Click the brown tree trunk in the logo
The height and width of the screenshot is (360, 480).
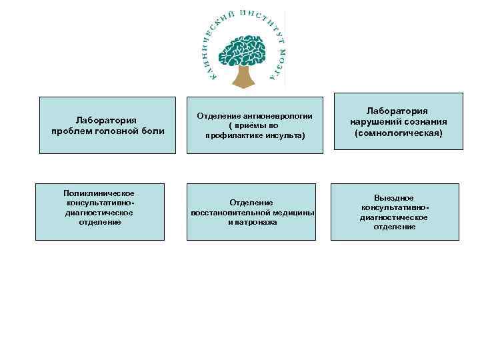(x=243, y=77)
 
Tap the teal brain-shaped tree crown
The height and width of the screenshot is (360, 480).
(x=243, y=52)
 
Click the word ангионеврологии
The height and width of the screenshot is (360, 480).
(x=277, y=115)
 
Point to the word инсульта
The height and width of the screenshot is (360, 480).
(x=286, y=135)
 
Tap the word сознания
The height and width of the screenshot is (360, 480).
(x=425, y=122)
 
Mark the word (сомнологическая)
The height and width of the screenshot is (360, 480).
(x=399, y=133)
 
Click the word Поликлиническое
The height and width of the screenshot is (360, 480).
(x=99, y=193)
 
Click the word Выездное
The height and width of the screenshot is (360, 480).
(x=393, y=198)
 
